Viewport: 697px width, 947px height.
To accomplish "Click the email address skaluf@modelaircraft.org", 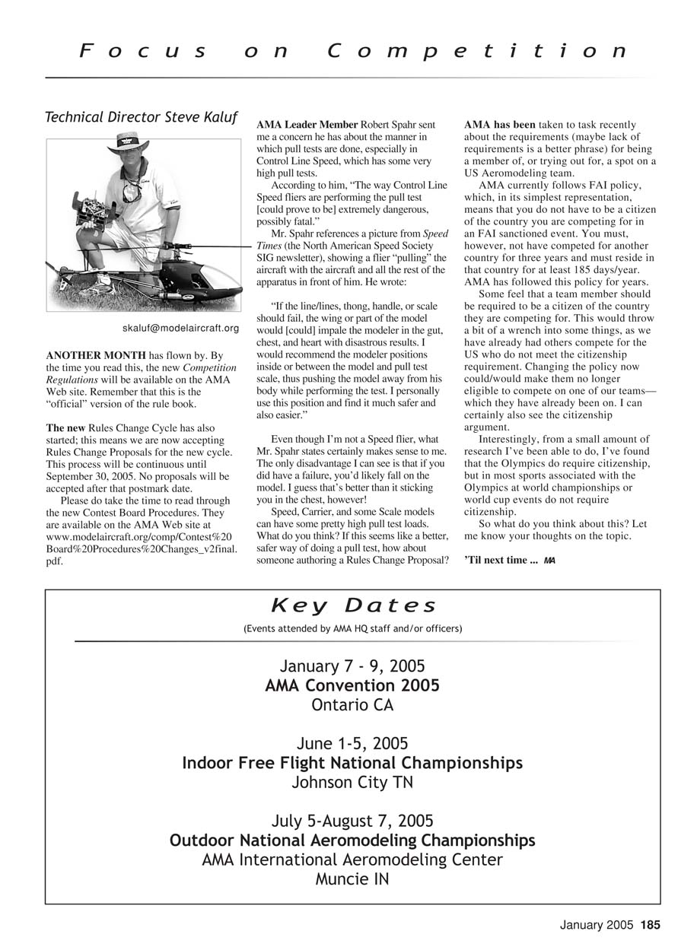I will point(180,329).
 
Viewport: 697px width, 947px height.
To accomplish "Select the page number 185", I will point(651,925).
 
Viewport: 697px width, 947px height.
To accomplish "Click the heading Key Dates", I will point(354,606).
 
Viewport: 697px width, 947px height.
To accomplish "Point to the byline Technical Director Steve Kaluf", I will point(141,117).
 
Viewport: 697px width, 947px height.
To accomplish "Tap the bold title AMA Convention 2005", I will point(352,685).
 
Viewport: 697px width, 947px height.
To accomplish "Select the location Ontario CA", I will point(352,705).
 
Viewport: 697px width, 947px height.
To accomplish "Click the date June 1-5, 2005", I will point(352,743).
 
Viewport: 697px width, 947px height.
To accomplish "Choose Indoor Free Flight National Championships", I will point(352,763).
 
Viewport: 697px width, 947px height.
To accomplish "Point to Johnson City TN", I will point(352,782).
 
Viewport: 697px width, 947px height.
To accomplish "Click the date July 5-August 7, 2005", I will point(352,821).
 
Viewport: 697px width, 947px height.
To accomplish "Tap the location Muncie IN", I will point(352,879).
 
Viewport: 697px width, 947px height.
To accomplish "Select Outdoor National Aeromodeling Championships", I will point(352,841).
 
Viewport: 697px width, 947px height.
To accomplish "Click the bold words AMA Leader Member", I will point(307,125).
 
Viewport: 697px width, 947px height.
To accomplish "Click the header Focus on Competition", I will point(354,51).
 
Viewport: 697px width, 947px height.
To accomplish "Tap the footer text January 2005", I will point(596,925).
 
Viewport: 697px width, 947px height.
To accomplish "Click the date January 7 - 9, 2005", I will point(352,666).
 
